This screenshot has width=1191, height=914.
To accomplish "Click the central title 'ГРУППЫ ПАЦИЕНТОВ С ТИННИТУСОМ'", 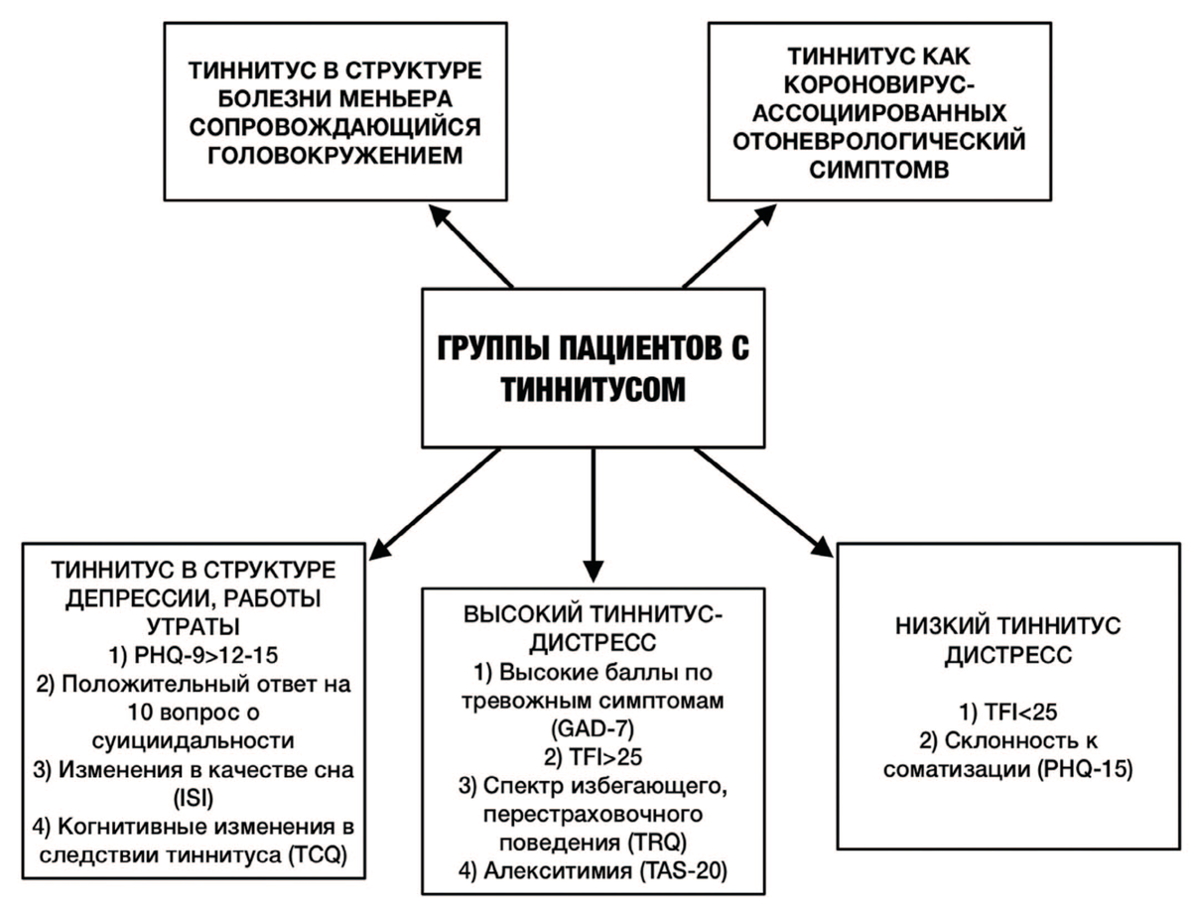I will click(x=595, y=367).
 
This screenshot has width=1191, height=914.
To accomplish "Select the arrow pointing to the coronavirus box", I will click(x=721, y=245).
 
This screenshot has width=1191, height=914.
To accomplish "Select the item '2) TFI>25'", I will click(x=594, y=759).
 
